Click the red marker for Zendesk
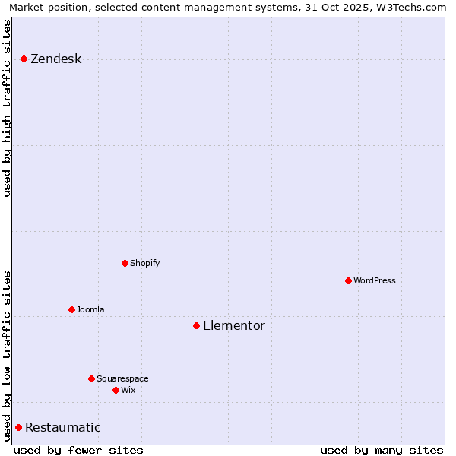24,59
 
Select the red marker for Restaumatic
18,427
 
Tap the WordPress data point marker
348,280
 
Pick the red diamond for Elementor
196,325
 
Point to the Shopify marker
125,263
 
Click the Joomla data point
71,309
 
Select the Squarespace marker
91,378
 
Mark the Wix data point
116,390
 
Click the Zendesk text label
55,59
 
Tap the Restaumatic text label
62,428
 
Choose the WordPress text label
374,280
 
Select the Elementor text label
233,326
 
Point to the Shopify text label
144,263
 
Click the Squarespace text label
122,378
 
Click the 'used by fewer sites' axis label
78,450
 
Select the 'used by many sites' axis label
382,450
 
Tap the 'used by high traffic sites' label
7,108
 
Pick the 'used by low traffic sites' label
7,356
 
